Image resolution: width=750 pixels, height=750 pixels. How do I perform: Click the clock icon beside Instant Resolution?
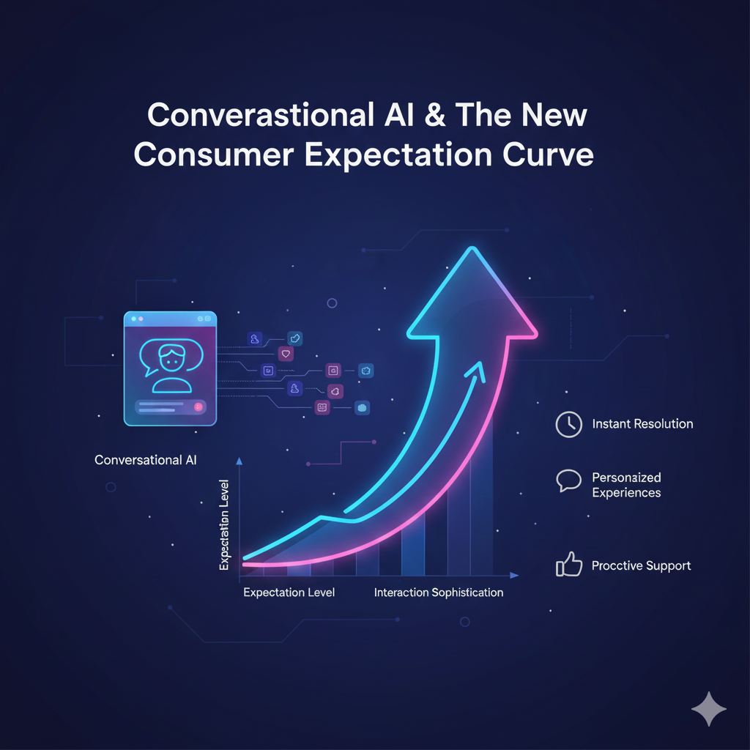pyautogui.click(x=568, y=424)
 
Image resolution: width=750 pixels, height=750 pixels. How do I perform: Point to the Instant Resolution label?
pyautogui.click(x=642, y=424)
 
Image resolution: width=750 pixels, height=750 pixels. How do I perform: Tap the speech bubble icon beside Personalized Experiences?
pyautogui.click(x=568, y=480)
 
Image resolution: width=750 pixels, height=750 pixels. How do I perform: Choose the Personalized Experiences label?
pyautogui.click(x=626, y=485)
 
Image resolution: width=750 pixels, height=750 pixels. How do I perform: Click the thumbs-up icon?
pyautogui.click(x=569, y=565)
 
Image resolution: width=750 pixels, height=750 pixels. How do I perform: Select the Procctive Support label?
pyautogui.click(x=641, y=565)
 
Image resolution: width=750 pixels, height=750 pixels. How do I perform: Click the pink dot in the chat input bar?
pyautogui.click(x=198, y=406)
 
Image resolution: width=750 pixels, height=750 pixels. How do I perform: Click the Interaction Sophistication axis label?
pyautogui.click(x=438, y=592)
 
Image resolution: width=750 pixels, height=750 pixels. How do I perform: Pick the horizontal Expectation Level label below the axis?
pyautogui.click(x=289, y=592)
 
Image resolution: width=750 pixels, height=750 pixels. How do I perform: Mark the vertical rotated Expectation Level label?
pyautogui.click(x=225, y=524)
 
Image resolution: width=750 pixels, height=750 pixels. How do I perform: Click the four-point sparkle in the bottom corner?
pyautogui.click(x=709, y=709)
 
